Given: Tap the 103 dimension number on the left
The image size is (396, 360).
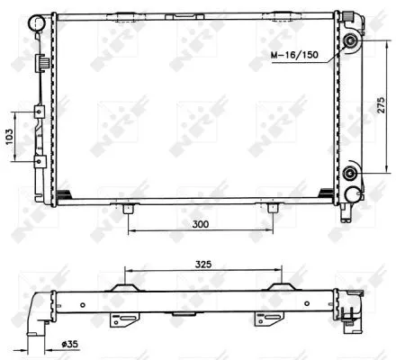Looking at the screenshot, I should point(9,137).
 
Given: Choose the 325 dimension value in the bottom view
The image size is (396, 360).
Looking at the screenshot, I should point(202,264).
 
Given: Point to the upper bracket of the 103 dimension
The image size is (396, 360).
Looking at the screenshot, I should point(39,112).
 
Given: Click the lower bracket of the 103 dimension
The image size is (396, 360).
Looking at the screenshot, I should point(39,162).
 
